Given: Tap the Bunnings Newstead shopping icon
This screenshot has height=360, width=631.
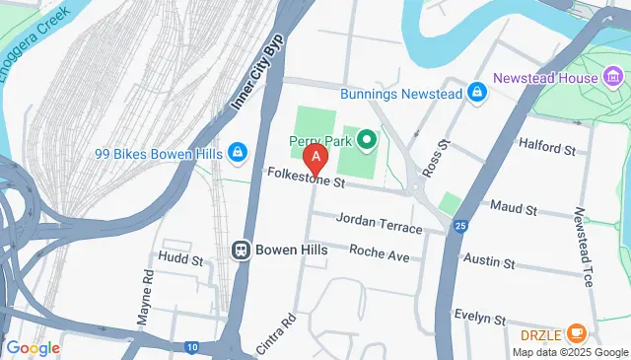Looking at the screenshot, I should pyautogui.click(x=477, y=92).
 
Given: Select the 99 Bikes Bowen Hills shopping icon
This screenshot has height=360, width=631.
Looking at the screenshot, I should pyautogui.click(x=237, y=152).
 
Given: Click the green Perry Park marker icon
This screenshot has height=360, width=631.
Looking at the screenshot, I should pyautogui.click(x=366, y=141).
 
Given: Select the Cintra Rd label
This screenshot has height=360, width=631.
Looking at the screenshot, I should pyautogui.click(x=279, y=334).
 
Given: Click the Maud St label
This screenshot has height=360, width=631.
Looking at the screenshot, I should pyautogui.click(x=513, y=210).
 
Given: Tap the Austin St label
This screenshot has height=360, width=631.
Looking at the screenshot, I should pyautogui.click(x=489, y=263).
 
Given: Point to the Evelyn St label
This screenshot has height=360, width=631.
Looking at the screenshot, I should pyautogui.click(x=479, y=319).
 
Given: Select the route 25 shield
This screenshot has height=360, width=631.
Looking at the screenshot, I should pyautogui.click(x=460, y=227).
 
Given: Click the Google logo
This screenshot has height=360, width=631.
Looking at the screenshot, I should pyautogui.click(x=33, y=347).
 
